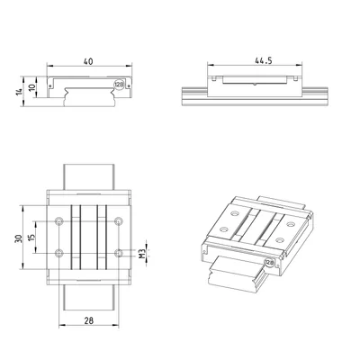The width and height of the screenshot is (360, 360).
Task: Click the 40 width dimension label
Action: [x=88, y=61]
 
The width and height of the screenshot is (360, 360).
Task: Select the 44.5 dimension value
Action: [x=264, y=60]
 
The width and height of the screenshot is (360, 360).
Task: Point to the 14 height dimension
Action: [x=19, y=92]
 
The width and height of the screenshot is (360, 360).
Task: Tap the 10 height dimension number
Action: [x=32, y=87]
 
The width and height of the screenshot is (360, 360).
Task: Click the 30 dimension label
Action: [x=19, y=238]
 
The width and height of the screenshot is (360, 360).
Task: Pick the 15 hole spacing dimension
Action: [x=32, y=236]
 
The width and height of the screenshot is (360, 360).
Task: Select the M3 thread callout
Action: [x=142, y=254]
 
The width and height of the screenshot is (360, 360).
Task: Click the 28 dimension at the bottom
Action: [x=89, y=320]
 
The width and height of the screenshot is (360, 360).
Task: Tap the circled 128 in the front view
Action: [x=119, y=85]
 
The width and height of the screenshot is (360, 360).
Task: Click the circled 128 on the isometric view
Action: [x=269, y=263]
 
